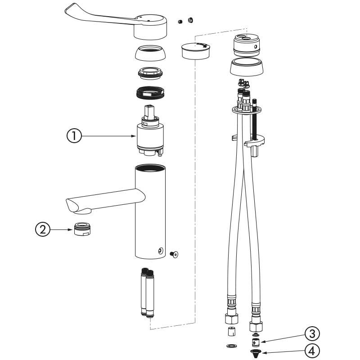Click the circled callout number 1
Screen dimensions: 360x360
(74, 136)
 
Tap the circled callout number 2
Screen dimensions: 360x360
(42, 229)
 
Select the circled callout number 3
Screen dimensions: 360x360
(312, 333)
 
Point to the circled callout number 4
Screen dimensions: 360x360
(312, 351)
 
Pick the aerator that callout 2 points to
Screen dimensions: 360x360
(82, 229)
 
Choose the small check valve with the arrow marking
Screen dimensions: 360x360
(256, 342)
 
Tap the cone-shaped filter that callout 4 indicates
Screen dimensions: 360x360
(255, 353)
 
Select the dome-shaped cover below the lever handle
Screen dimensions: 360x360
(150, 53)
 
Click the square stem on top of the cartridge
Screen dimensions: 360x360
(149, 112)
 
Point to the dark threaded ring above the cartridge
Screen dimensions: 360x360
(150, 93)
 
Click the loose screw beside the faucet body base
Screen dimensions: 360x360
(174, 254)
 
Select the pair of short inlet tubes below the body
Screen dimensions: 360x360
(147, 292)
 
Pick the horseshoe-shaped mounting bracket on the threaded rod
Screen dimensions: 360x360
(254, 142)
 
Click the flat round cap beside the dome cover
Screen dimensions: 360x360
(195, 51)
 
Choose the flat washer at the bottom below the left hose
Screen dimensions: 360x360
(231, 346)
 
